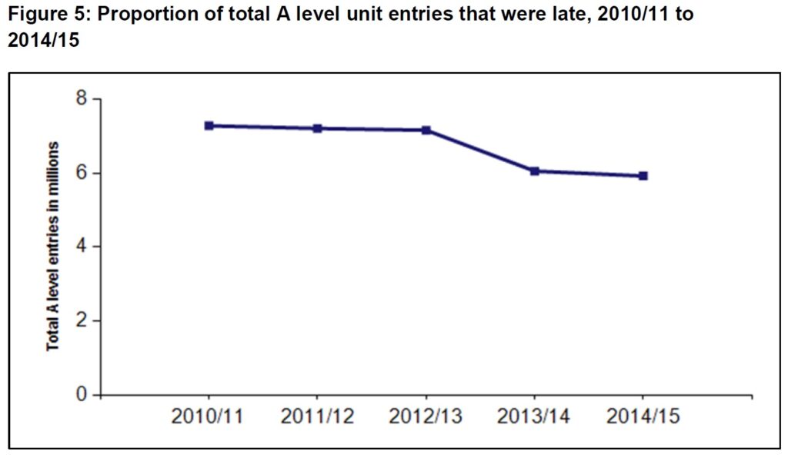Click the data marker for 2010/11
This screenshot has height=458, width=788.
(209, 125)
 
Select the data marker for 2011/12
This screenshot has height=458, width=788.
(317, 128)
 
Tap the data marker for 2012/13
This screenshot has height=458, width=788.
(426, 131)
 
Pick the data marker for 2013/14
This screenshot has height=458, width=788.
(534, 171)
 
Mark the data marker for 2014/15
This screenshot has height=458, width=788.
(643, 176)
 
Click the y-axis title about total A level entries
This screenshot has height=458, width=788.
(53, 246)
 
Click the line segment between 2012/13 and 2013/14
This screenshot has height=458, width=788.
(479, 151)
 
